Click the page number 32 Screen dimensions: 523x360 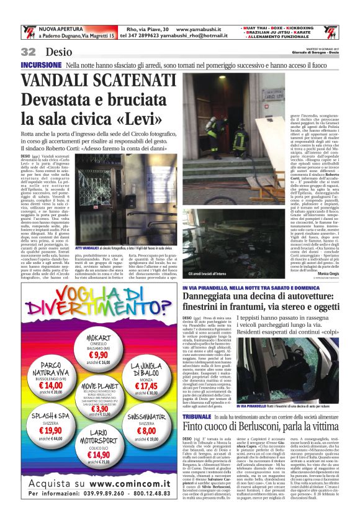[28, 52]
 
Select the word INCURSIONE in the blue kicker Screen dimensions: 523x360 [41, 65]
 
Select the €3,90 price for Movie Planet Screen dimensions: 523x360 [92, 408]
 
